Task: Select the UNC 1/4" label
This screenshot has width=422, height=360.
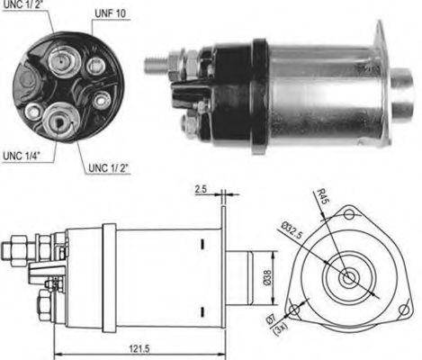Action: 22,156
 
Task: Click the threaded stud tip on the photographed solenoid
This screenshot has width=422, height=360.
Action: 149,63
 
